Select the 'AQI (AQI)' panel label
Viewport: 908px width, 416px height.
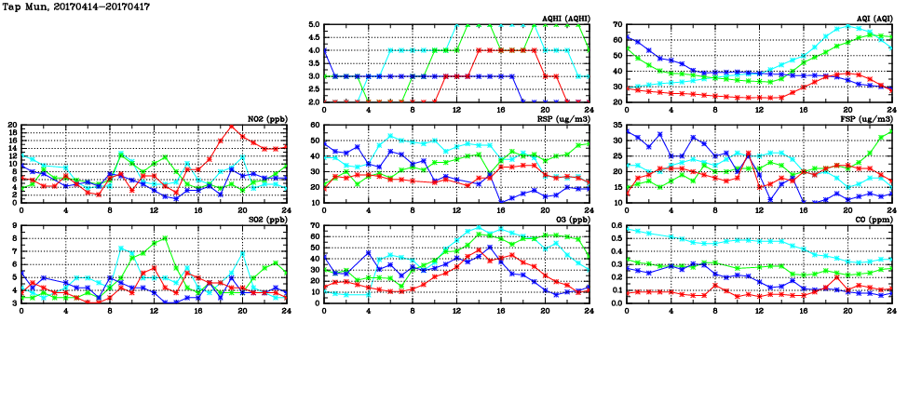coord(874,19)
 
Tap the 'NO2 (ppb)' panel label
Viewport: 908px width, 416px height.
coord(267,119)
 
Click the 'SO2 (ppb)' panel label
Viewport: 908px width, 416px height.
coord(267,220)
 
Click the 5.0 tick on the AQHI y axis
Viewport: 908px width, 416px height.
coord(314,25)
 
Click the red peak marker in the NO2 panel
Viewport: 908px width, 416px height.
coord(232,127)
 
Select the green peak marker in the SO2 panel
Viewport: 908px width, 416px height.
coord(165,237)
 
